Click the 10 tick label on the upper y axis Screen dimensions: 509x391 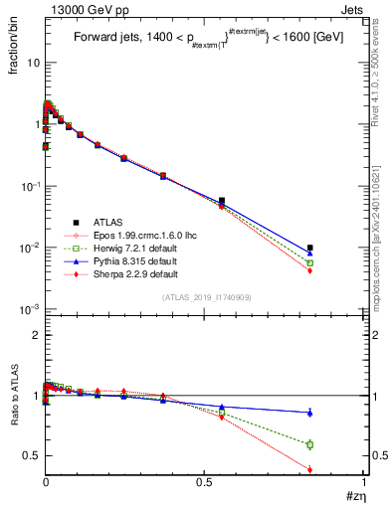(x=33, y=63)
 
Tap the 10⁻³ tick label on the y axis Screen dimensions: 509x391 (x=30, y=310)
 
